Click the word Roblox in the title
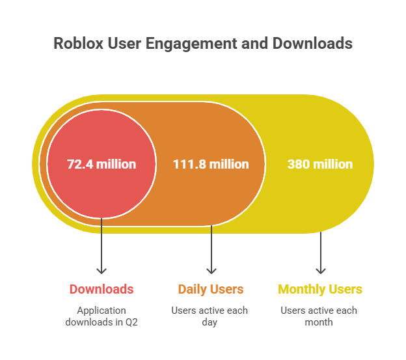point(79,43)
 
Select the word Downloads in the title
point(312,43)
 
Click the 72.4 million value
point(101,164)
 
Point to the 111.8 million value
point(211,164)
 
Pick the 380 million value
point(320,164)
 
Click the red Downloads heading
point(101,289)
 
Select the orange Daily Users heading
point(211,290)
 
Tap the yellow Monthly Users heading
point(320,290)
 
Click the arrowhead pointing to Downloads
point(101,271)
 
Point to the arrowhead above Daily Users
point(211,271)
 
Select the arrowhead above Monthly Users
point(321,271)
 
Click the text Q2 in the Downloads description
point(131,322)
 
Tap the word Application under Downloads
point(101,311)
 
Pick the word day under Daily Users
point(210,323)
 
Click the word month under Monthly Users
point(319,322)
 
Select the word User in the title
point(124,43)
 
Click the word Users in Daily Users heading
point(227,289)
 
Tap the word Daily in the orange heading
point(193,290)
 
